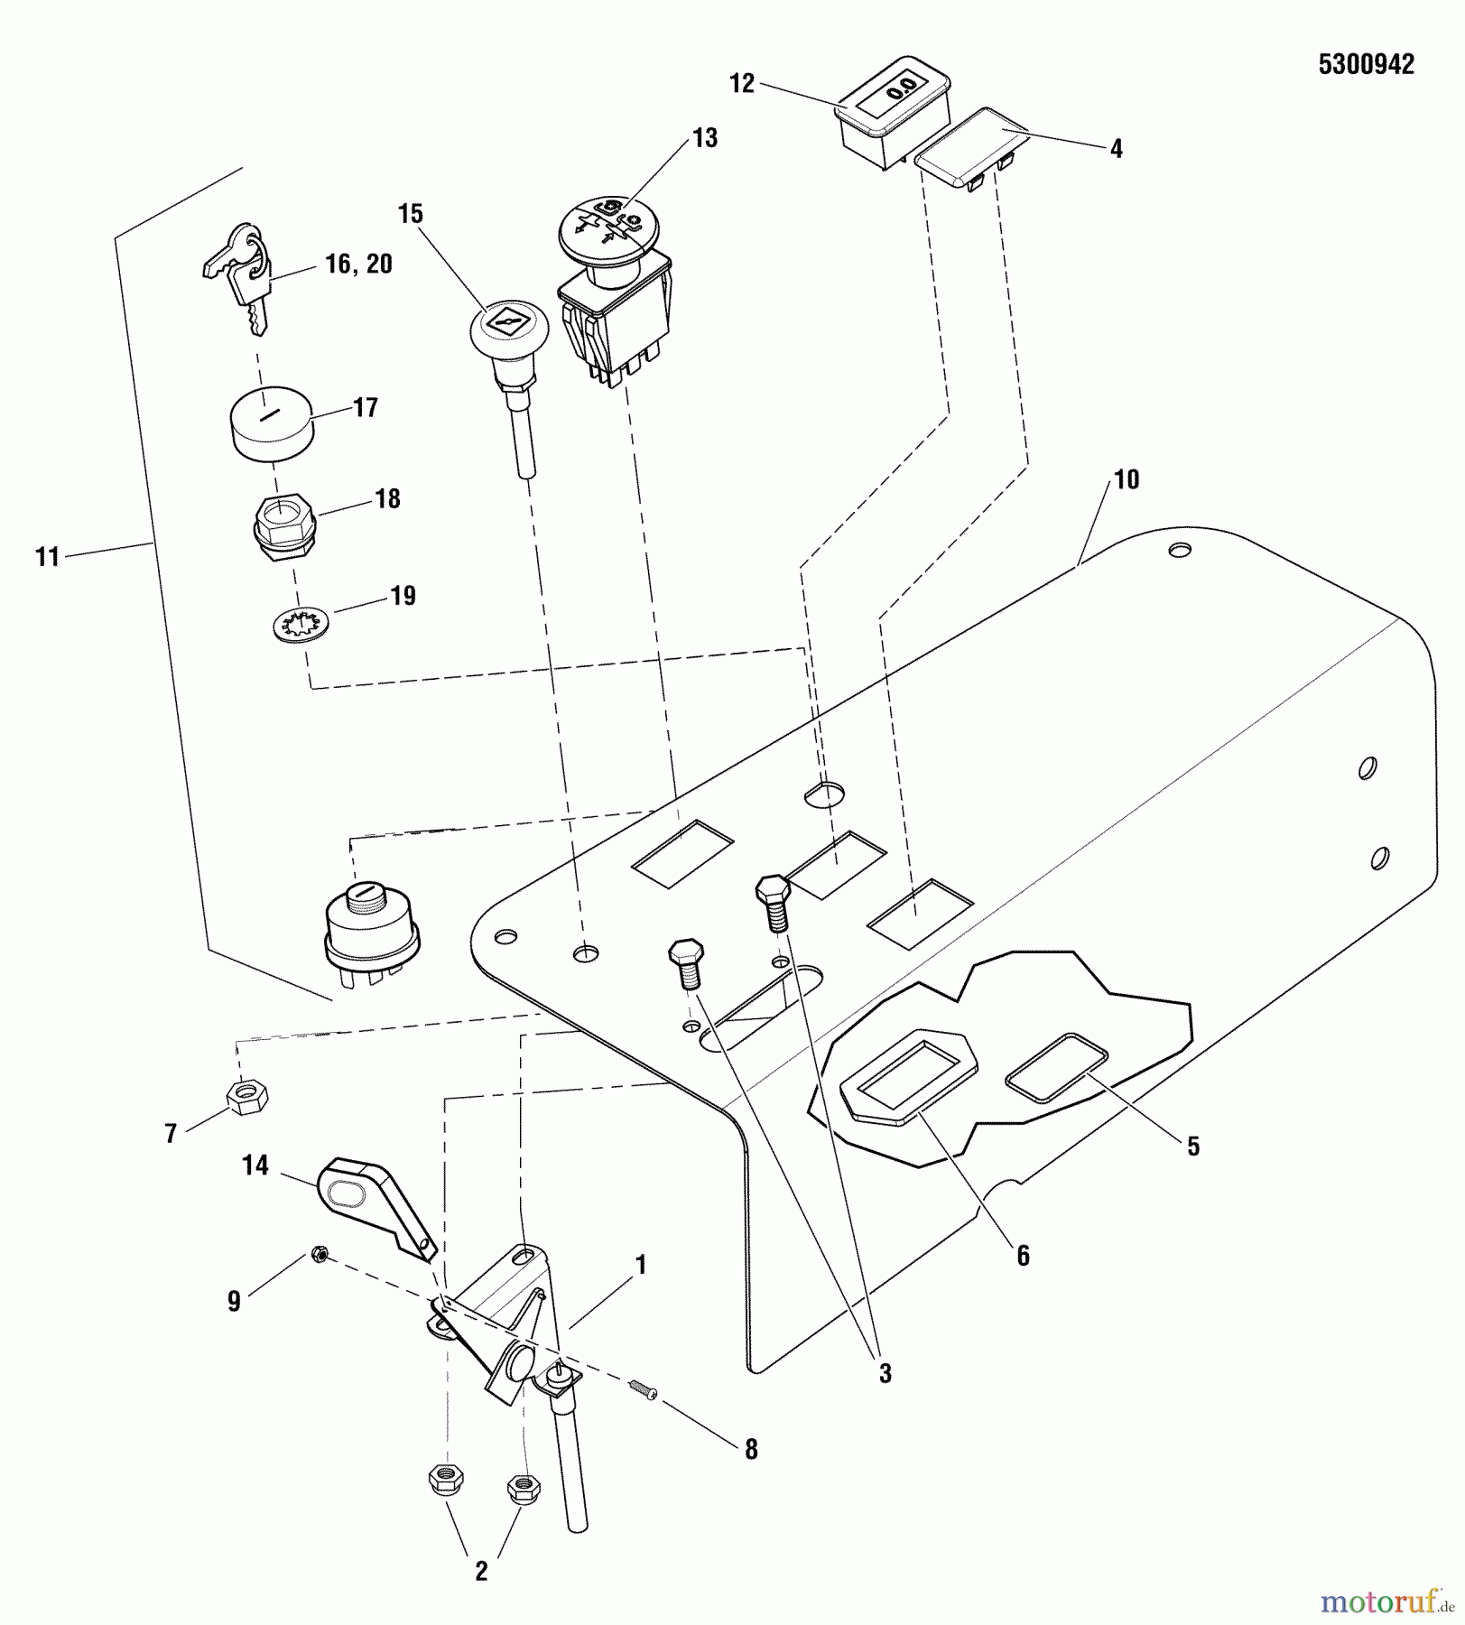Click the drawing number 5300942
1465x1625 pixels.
click(1366, 65)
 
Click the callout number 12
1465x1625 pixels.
click(741, 83)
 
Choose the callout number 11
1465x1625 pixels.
click(47, 557)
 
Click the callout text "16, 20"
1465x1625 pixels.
click(359, 264)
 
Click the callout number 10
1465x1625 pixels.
click(1127, 479)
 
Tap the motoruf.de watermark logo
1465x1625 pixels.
click(1388, 1602)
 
